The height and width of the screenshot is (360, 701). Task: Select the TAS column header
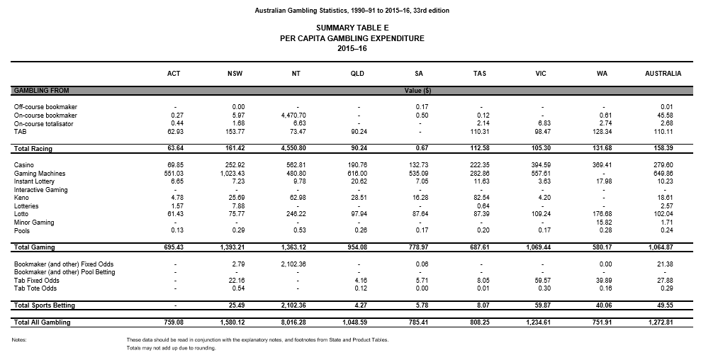click(480, 73)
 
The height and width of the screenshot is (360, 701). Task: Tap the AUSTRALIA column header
click(663, 73)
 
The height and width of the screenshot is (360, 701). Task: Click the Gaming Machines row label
click(40, 174)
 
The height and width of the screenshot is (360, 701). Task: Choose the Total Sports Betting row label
click(44, 305)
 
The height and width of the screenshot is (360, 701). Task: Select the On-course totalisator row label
click(45, 123)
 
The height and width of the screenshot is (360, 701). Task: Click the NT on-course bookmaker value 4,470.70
click(293, 115)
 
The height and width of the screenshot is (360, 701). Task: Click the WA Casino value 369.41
click(600, 165)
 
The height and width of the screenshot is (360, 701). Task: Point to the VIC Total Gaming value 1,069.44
click(537, 247)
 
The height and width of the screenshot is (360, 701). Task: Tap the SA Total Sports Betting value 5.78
click(420, 305)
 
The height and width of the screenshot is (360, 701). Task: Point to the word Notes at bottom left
click(19, 340)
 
